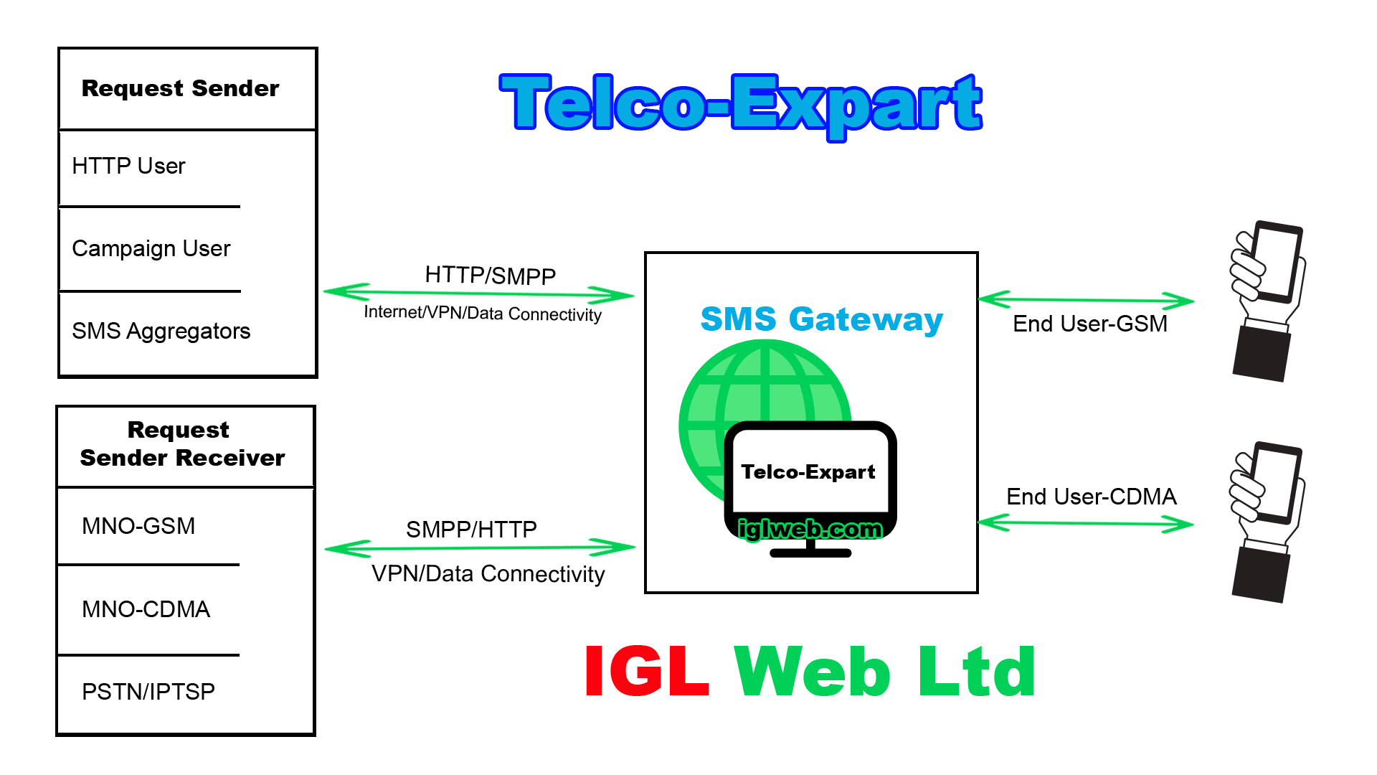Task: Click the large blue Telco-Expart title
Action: click(741, 104)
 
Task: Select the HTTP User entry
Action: click(128, 166)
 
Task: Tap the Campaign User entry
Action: click(151, 249)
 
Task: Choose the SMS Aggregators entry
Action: click(161, 332)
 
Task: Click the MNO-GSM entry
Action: click(138, 526)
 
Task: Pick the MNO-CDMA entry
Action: click(146, 609)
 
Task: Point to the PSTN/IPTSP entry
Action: click(148, 692)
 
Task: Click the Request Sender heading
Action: click(180, 88)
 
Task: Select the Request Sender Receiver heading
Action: click(182, 444)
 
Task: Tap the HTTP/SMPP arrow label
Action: click(490, 276)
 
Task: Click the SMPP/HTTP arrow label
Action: click(471, 530)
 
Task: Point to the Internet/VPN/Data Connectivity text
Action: click(482, 314)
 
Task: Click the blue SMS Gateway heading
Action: click(821, 319)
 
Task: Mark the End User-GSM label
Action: click(1089, 324)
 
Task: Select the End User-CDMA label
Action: click(1091, 497)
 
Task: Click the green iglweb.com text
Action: click(810, 529)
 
